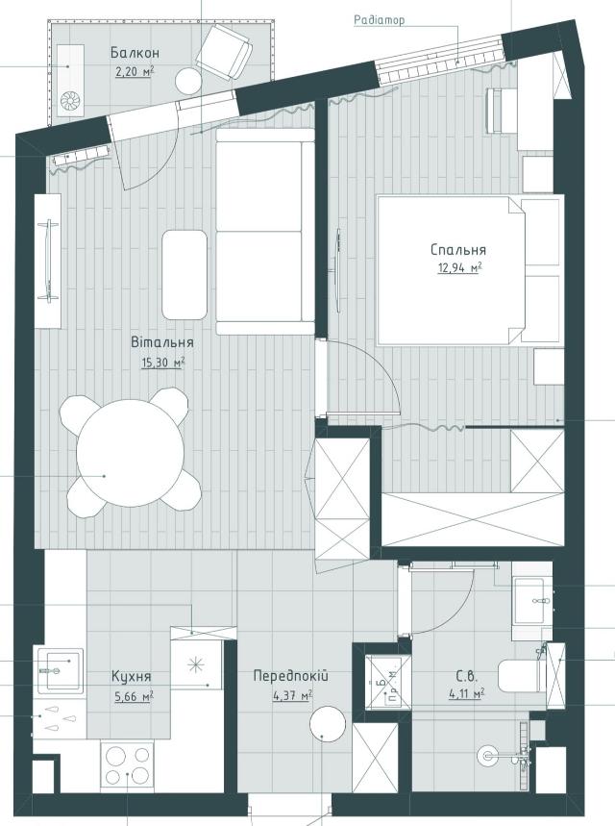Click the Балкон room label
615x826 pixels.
[135, 53]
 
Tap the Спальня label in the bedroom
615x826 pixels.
[458, 250]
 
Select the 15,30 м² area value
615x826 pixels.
[162, 363]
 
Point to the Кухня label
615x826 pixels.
[131, 676]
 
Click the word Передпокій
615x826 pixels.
[290, 676]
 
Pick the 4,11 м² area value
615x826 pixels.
[466, 695]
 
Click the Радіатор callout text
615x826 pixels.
[380, 20]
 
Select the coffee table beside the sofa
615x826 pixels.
[184, 274]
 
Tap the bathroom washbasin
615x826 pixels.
[532, 601]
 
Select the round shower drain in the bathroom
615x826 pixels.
[487, 756]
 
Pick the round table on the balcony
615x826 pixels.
[188, 82]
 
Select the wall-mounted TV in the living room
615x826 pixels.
[50, 262]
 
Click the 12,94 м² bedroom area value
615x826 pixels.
[459, 268]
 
